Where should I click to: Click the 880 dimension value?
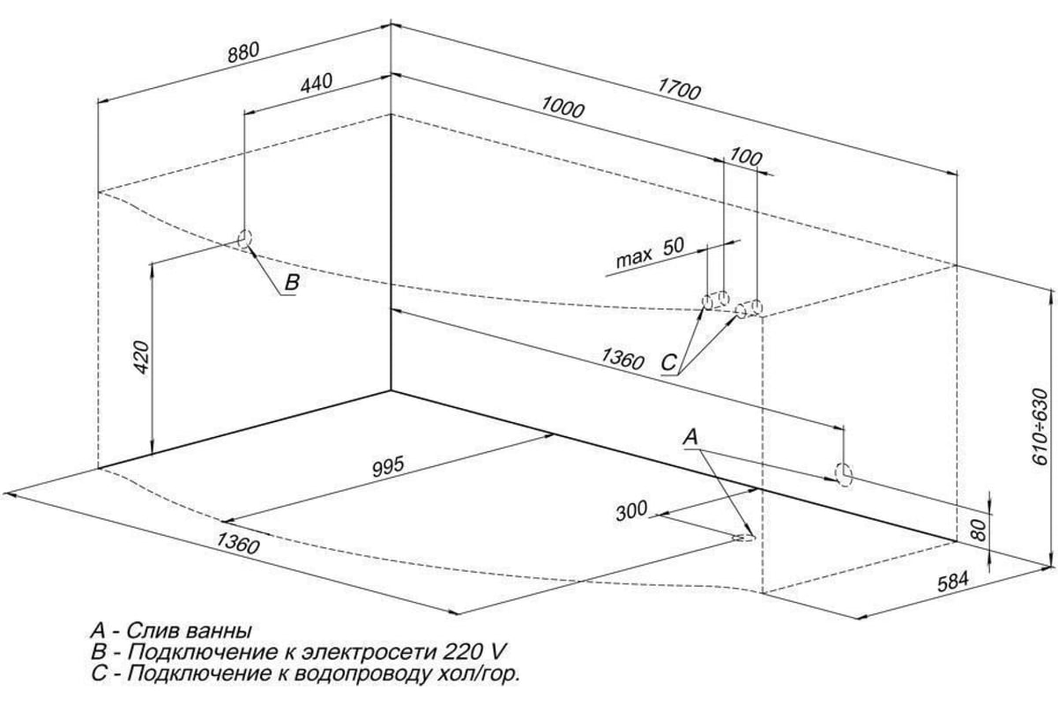point(243,52)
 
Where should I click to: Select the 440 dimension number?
point(317,84)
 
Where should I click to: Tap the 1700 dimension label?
point(679,90)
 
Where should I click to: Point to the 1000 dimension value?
point(563,108)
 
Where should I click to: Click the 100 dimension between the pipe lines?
point(746,158)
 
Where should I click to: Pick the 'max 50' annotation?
point(650,253)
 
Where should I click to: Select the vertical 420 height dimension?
point(142,357)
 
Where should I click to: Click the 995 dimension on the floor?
point(388,466)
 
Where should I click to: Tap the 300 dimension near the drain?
point(631,511)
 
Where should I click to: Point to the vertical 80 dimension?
point(980,530)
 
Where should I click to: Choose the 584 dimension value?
point(953,583)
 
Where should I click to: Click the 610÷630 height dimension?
point(1039,427)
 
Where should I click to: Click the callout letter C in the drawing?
point(669,363)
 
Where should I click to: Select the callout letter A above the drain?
point(690,437)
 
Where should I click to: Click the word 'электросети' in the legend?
point(369,652)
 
